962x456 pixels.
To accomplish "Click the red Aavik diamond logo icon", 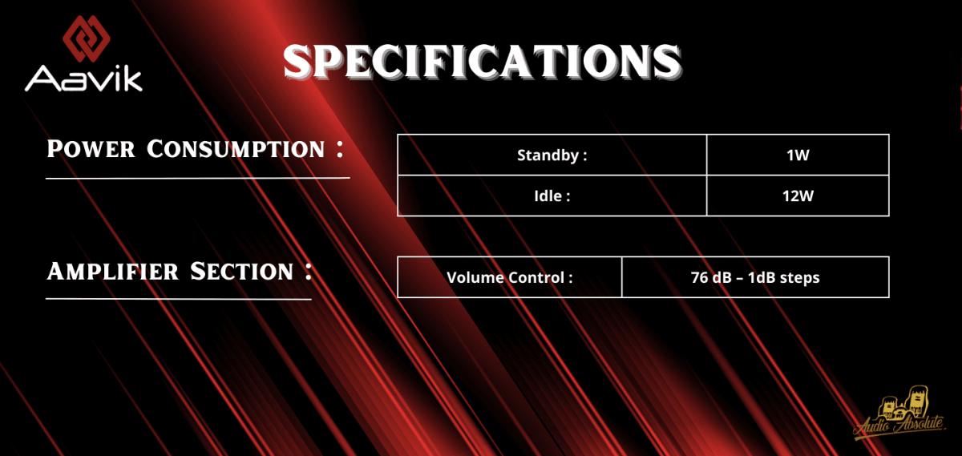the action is click(x=87, y=38).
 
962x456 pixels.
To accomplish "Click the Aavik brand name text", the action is click(x=83, y=79).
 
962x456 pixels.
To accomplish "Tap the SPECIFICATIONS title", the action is click(x=483, y=62).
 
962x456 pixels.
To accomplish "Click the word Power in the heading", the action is click(x=91, y=149).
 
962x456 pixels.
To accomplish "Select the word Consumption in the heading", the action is click(x=236, y=149).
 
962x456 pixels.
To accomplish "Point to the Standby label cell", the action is click(x=552, y=155).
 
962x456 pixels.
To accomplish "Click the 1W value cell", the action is click(x=798, y=155).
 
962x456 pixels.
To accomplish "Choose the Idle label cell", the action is click(x=552, y=196).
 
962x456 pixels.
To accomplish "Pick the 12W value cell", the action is click(x=798, y=196).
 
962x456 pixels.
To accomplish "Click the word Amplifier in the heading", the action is click(x=112, y=272).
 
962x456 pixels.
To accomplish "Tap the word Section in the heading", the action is click(x=241, y=272).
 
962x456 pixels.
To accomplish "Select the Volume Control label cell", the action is click(x=509, y=277).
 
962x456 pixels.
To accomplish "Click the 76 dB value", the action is click(x=711, y=277).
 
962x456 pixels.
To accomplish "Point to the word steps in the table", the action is click(x=800, y=278).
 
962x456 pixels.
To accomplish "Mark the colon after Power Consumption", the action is click(x=340, y=149).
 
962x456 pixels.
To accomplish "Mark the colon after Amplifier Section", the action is click(x=308, y=272).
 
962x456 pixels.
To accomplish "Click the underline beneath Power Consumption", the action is click(x=198, y=178).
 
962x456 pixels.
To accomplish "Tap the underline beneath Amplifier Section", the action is click(x=179, y=299).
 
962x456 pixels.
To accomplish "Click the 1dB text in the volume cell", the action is click(x=761, y=277).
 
